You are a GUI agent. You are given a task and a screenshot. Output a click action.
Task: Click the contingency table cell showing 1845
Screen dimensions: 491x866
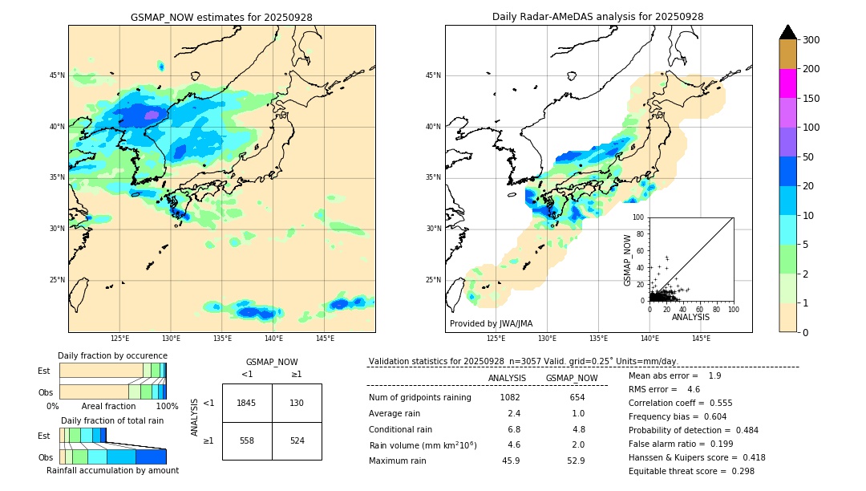[x=247, y=403]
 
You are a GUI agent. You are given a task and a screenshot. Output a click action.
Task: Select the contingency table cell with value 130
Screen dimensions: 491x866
[x=297, y=403]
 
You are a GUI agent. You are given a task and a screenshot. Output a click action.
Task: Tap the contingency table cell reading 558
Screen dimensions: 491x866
[x=247, y=440]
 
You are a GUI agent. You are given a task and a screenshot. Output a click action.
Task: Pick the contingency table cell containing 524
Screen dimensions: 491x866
[x=297, y=440]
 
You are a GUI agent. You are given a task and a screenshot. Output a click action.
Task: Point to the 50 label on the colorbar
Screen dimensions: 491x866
[x=810, y=157]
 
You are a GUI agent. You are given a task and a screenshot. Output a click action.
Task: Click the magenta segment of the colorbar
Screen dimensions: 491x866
[x=787, y=83]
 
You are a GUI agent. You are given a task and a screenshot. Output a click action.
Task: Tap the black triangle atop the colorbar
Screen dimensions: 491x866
[x=787, y=32]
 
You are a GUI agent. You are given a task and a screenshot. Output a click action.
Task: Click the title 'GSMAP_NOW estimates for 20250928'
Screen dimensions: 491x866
[x=221, y=17]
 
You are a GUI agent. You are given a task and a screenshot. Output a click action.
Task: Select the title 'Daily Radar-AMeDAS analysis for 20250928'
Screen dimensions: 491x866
[x=598, y=17]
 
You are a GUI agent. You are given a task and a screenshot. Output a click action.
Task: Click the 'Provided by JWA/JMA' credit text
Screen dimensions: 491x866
[x=491, y=324]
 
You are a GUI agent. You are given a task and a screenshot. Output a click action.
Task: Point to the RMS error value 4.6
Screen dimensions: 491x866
[x=694, y=389]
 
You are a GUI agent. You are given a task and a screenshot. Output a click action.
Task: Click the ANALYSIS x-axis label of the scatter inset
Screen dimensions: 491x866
[x=690, y=318]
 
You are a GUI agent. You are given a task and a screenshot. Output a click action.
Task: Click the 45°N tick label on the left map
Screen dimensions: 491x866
[x=56, y=75]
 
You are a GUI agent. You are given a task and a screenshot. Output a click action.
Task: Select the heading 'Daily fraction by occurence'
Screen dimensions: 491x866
[x=112, y=355]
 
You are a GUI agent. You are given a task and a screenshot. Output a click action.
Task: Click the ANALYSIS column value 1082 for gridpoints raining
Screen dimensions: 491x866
[x=510, y=398]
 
